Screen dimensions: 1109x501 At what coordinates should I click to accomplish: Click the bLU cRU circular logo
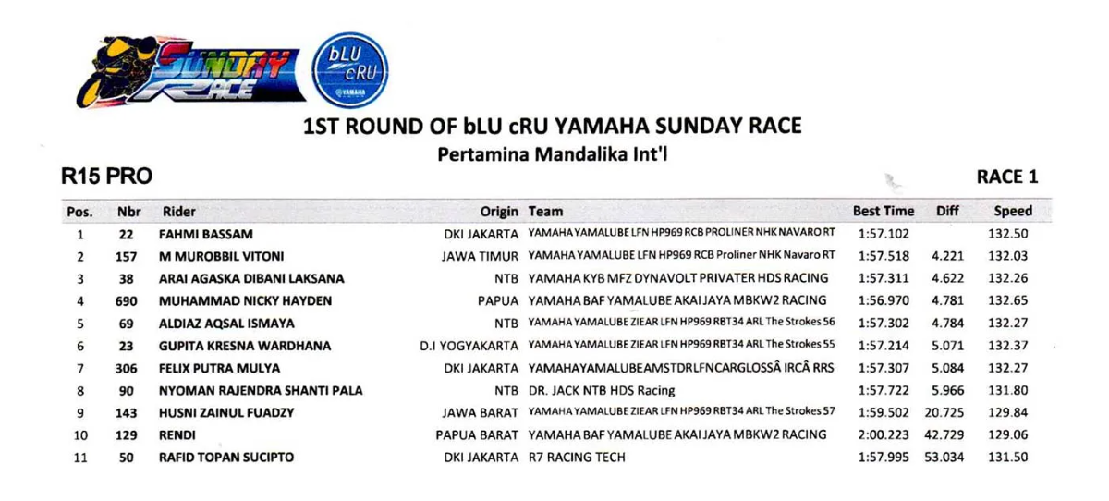350,70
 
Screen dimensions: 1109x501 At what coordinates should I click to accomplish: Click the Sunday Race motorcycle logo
190,72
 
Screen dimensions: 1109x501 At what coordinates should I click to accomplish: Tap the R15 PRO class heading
106,177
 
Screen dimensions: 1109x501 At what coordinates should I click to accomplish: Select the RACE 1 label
1007,177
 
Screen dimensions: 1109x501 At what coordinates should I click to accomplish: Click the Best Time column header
884,211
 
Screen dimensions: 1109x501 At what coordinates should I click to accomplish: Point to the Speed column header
1013,211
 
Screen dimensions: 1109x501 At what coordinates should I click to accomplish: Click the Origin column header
499,212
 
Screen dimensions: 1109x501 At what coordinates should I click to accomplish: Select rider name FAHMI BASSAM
205,234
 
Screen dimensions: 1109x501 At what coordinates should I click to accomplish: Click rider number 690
127,301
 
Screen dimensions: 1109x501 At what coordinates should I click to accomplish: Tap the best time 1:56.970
884,300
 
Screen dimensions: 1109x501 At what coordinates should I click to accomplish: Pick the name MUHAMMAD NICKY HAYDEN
245,301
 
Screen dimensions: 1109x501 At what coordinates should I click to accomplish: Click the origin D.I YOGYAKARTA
469,346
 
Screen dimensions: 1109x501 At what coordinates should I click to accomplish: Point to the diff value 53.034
944,457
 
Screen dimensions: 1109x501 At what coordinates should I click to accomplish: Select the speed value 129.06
1008,434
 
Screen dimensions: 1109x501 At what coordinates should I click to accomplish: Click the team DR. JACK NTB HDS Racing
602,391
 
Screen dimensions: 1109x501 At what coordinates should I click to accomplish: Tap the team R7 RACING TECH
577,457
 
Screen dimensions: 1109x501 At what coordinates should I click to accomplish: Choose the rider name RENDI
177,435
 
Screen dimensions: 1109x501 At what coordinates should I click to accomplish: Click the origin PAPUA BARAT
477,435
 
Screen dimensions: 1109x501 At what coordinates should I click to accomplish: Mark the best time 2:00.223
884,434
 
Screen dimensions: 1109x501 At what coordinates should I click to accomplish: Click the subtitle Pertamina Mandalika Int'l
553,154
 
